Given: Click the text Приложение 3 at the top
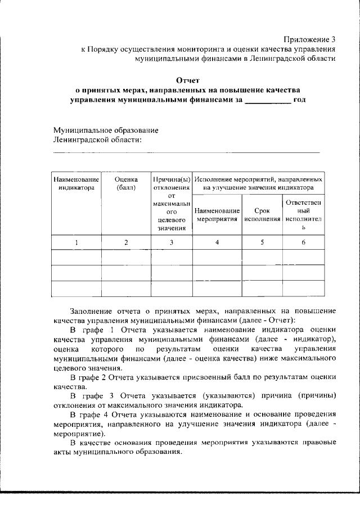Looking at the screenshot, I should coord(309,39).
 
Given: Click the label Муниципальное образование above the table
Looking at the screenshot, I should coord(105,130).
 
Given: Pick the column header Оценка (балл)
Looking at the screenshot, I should coord(126,183).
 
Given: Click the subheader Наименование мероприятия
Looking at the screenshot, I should coord(217,214).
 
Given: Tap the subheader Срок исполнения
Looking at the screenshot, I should coord(262,214).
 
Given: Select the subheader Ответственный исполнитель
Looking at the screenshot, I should coord(303,214).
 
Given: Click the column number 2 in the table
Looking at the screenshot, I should coord(126,242).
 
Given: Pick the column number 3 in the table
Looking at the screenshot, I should coord(172,242).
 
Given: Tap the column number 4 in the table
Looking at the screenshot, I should coord(217,242).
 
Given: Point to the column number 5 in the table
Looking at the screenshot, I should coord(262,242).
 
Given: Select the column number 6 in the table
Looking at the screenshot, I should coord(303,242).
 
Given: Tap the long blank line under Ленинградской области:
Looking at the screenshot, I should coord(186,152).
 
